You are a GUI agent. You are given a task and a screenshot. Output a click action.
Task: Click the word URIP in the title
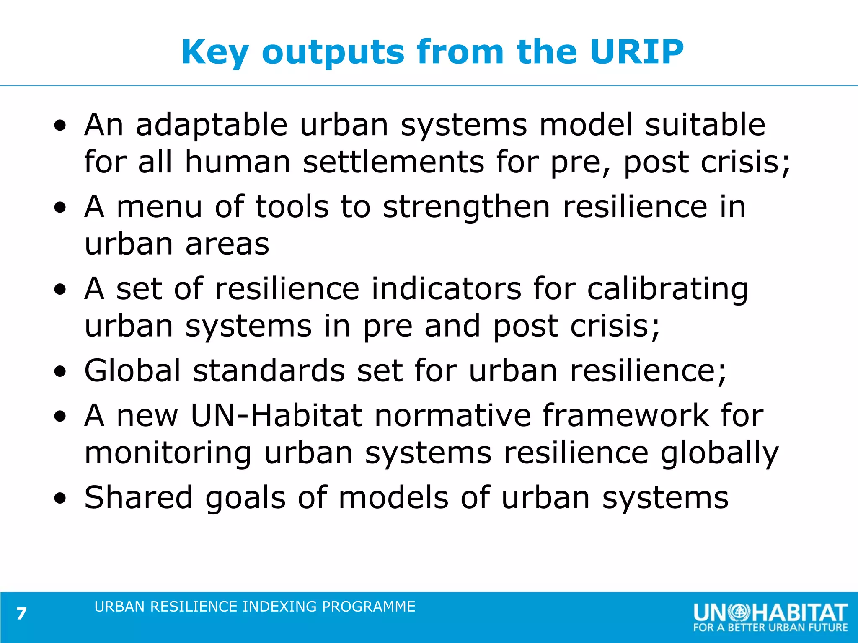point(636,51)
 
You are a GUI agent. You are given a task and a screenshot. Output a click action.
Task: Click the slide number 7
point(21,614)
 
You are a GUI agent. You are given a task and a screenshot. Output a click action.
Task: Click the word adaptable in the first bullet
point(212,125)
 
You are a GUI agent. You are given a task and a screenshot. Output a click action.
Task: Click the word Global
point(132,371)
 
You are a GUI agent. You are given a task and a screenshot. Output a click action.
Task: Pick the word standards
point(269,371)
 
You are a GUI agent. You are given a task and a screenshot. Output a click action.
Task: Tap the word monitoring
point(168,454)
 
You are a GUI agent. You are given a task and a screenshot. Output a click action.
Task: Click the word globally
point(719,454)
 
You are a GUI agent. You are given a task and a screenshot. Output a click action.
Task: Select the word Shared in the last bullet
point(138,498)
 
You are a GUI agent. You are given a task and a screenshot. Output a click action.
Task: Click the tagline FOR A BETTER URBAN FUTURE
point(770,628)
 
